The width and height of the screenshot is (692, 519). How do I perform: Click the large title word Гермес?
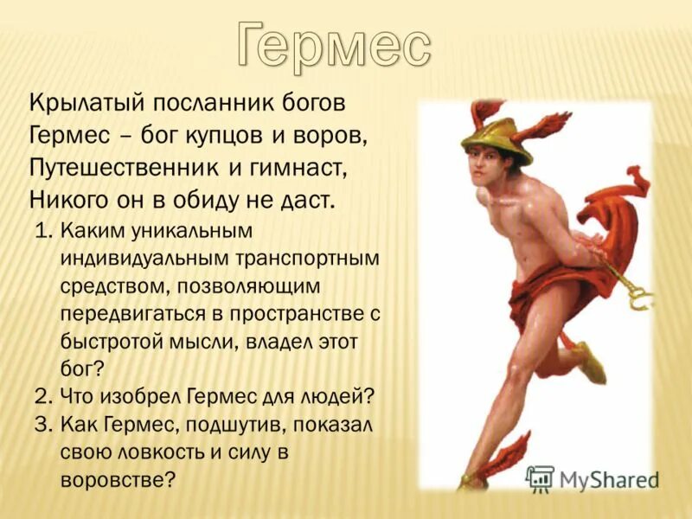click(x=333, y=43)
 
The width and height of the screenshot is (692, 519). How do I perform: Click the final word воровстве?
click(x=118, y=478)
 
